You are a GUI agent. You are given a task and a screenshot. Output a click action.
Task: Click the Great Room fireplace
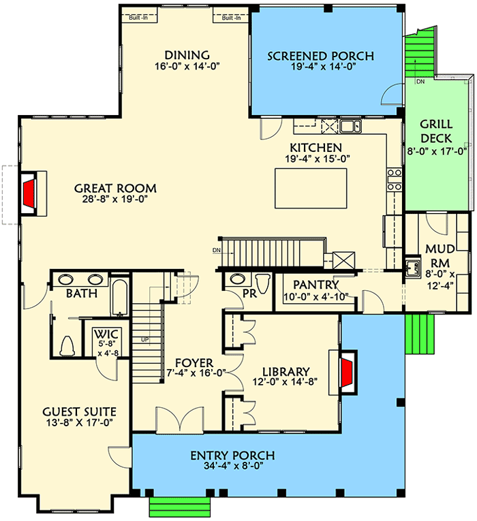click(x=29, y=193)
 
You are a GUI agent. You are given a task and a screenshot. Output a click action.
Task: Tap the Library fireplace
click(x=347, y=373)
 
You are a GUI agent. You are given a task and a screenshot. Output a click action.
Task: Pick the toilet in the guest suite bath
click(x=67, y=346)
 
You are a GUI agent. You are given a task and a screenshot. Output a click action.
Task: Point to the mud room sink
click(x=411, y=267)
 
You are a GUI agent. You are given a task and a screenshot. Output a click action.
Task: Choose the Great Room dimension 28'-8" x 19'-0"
click(x=115, y=200)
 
